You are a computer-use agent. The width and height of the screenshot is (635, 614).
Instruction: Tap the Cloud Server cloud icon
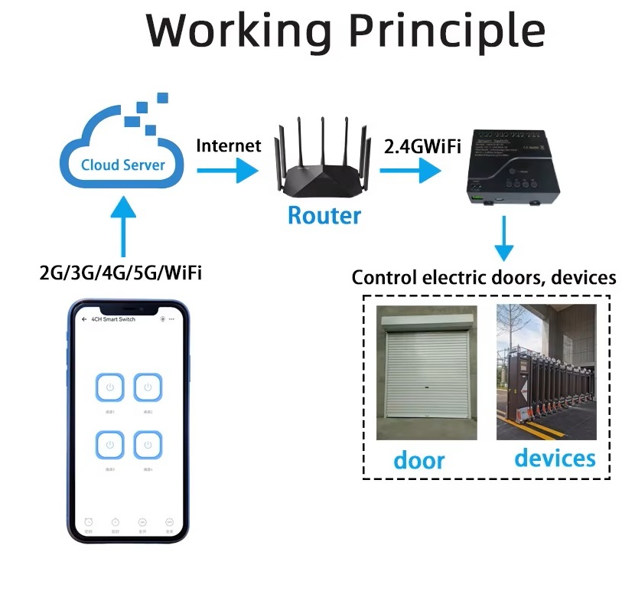pyautogui.click(x=122, y=150)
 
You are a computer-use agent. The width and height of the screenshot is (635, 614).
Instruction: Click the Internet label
pyautogui.click(x=229, y=145)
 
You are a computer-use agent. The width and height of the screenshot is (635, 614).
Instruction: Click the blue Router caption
pyautogui.click(x=324, y=215)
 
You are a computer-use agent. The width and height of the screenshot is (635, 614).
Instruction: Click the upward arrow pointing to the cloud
pyautogui.click(x=122, y=226)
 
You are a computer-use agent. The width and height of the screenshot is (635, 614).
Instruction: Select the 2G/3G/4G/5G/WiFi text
pyautogui.click(x=121, y=273)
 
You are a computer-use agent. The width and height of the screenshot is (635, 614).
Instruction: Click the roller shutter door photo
pyautogui.click(x=427, y=373)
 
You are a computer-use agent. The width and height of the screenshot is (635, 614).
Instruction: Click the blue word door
pyautogui.click(x=418, y=460)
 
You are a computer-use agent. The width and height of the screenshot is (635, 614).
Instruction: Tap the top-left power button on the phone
pyautogui.click(x=110, y=388)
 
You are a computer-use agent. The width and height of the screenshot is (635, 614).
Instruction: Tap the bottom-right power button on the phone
pyautogui.click(x=148, y=445)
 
